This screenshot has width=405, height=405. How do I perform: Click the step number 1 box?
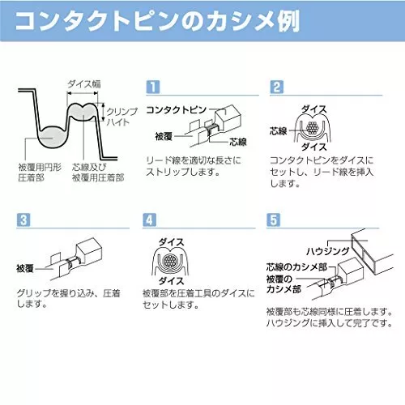(153, 87)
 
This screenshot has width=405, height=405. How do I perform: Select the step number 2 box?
(277, 87)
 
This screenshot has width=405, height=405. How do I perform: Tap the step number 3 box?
(23, 220)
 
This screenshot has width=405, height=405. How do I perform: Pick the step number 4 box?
(149, 220)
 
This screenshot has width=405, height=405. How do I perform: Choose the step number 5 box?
(273, 220)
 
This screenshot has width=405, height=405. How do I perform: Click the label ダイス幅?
(84, 84)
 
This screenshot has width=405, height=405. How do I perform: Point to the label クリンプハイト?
(119, 117)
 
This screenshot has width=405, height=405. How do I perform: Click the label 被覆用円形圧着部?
(40, 173)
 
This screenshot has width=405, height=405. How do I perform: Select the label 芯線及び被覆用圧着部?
(98, 173)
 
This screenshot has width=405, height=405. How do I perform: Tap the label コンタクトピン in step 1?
(177, 109)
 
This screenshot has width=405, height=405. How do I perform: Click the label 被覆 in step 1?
(164, 136)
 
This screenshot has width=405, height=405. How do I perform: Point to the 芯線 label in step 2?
(278, 131)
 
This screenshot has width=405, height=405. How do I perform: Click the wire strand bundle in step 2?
(312, 128)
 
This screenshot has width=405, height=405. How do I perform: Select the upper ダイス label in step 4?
(171, 242)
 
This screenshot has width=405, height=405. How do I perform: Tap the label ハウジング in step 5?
(328, 251)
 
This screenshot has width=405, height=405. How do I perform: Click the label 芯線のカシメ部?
(296, 267)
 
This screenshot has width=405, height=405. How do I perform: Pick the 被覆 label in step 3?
(25, 268)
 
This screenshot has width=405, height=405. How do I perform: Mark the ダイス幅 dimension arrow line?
(83, 93)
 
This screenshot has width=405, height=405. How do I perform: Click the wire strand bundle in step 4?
(169, 262)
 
